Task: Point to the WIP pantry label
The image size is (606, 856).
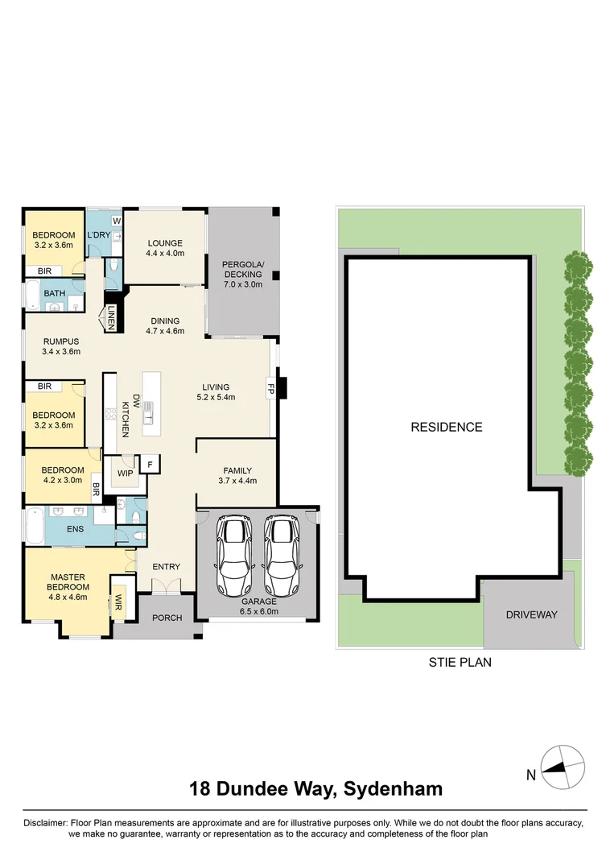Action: (x=125, y=473)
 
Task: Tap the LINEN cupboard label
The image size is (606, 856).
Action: (x=111, y=316)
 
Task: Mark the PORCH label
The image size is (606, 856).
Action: (x=167, y=618)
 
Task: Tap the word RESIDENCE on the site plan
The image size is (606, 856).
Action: (x=447, y=427)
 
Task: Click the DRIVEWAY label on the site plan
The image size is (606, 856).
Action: (x=531, y=614)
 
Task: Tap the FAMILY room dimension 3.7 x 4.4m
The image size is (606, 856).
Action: (x=237, y=482)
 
